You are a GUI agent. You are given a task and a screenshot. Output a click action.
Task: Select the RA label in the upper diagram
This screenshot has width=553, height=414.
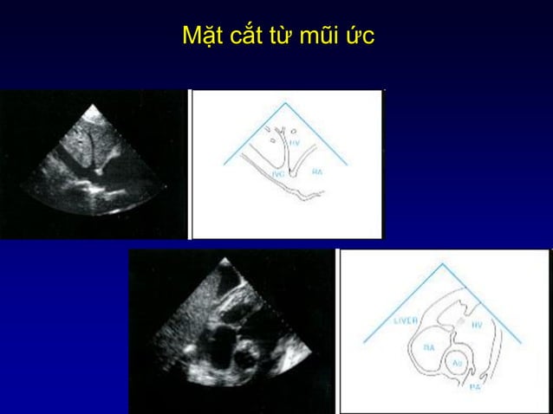point(318,171)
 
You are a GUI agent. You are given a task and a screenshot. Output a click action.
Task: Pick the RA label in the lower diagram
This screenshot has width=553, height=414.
point(428,347)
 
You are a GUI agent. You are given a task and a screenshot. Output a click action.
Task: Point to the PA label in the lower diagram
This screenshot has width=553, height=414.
point(475,387)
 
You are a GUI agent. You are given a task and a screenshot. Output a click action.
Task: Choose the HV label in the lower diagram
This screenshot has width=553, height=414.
point(478,325)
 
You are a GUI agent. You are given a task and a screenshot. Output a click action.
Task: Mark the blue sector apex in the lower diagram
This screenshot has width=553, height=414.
point(444,262)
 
